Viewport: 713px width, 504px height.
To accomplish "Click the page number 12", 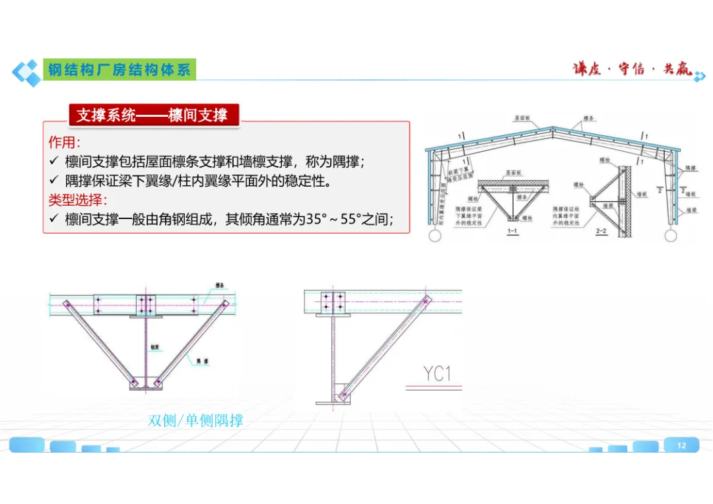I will coord(681,446).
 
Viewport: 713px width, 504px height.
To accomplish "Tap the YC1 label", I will coord(438,374).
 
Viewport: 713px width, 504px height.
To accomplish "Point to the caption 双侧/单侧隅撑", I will coord(195,420).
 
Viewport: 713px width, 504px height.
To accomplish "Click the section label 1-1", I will coord(512,232).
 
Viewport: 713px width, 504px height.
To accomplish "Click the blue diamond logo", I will coord(26,72).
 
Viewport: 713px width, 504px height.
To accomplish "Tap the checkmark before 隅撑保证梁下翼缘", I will coord(54,181).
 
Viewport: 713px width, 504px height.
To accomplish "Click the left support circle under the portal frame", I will coord(435,234).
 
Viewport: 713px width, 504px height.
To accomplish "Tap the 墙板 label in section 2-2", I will coord(640,195).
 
